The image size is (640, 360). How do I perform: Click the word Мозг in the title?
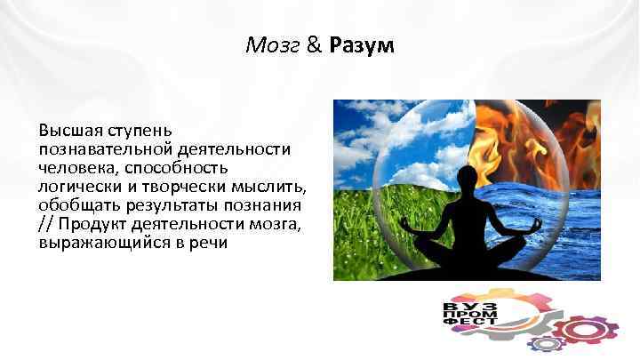click(273, 45)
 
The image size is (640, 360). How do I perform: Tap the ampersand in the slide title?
click(314, 45)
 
